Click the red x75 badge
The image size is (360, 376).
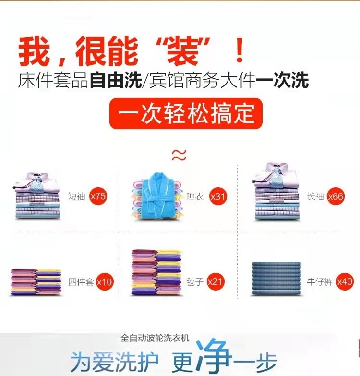(98, 196)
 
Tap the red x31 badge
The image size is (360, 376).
(217, 196)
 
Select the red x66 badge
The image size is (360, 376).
(336, 196)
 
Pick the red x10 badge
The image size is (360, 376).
(104, 282)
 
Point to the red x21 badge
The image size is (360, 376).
(216, 281)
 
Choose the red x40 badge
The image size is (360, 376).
(345, 281)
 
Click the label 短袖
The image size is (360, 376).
(76, 196)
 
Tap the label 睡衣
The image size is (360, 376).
(194, 196)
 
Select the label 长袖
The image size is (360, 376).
(315, 196)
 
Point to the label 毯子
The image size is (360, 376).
(194, 282)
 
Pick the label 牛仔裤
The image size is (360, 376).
(320, 282)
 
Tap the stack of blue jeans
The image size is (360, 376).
(276, 278)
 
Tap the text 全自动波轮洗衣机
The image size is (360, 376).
(155, 338)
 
